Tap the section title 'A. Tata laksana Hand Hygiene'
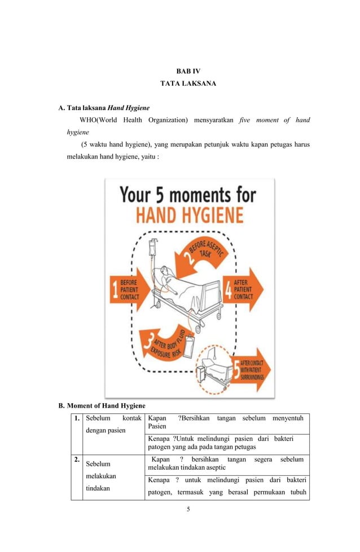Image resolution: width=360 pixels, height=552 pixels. (x=104, y=108)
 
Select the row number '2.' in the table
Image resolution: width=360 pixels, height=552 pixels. (x=76, y=460)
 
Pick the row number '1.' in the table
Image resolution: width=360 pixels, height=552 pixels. (x=76, y=418)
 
